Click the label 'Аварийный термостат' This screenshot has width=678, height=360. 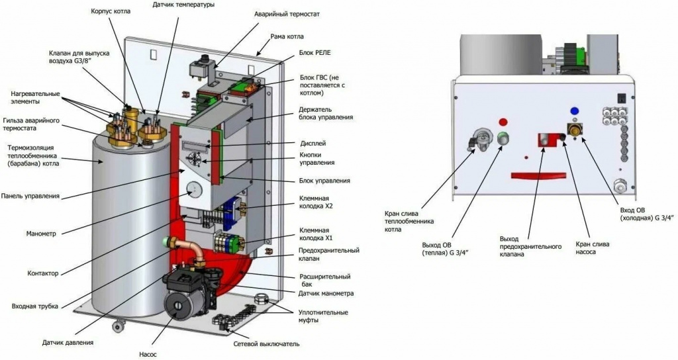pyautogui.click(x=287, y=14)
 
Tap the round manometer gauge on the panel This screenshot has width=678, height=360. pyautogui.click(x=194, y=189)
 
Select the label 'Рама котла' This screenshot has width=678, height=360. pyautogui.click(x=287, y=36)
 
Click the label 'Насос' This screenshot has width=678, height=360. pyautogui.click(x=148, y=355)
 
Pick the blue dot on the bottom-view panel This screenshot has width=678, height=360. pyautogui.click(x=575, y=111)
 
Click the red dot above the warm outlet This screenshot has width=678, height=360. pyautogui.click(x=503, y=122)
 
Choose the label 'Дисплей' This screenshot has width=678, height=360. pyautogui.click(x=313, y=143)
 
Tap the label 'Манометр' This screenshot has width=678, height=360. pyautogui.click(x=41, y=234)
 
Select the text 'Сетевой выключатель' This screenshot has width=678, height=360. pyautogui.click(x=266, y=344)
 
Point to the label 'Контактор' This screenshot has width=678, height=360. pyautogui.click(x=43, y=273)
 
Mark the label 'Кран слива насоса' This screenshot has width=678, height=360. pyautogui.click(x=593, y=247)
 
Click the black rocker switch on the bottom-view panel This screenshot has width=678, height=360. pyautogui.click(x=622, y=99)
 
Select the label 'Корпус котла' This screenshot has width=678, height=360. pyautogui.click(x=111, y=11)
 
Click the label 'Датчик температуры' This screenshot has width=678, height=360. pyautogui.click(x=183, y=5)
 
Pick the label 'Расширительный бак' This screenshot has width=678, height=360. pyautogui.click(x=325, y=280)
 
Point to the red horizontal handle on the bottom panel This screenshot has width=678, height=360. pyautogui.click(x=538, y=175)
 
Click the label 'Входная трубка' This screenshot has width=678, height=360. pyautogui.click(x=35, y=306)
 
